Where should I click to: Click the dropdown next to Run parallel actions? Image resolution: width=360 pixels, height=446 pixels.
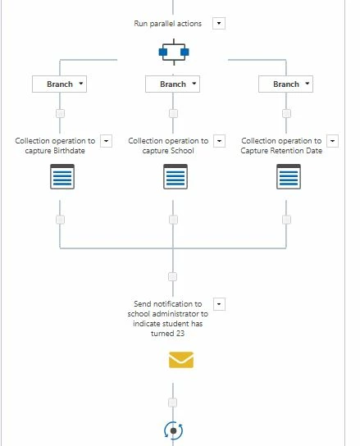(219, 23)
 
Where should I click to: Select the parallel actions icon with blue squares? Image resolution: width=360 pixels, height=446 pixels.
(174, 52)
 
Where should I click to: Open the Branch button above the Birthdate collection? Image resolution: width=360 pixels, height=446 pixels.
(60, 84)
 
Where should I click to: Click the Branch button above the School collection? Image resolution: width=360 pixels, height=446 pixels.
(173, 84)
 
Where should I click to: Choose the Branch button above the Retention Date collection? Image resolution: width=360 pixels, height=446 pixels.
(285, 84)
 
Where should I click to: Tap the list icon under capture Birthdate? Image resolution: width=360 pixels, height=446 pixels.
(62, 176)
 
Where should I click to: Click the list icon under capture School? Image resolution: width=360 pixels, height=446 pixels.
(175, 176)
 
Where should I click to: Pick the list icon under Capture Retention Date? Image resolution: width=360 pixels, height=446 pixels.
(289, 176)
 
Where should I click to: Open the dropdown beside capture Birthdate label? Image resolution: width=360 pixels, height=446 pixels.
(106, 141)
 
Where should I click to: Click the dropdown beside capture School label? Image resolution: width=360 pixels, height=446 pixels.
(220, 141)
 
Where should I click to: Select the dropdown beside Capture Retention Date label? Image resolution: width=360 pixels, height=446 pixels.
(332, 141)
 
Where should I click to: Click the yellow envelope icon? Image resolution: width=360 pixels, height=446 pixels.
(181, 360)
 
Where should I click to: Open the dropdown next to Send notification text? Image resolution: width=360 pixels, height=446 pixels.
(219, 304)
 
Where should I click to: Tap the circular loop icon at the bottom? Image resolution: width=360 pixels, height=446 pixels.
(173, 430)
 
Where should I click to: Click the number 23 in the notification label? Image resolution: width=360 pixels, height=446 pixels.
(180, 334)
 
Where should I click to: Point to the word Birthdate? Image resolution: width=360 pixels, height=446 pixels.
(69, 151)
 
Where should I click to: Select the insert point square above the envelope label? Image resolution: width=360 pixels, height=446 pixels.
(173, 277)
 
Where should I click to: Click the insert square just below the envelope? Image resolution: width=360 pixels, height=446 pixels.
(173, 403)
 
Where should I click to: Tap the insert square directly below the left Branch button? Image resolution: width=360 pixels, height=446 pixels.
(60, 113)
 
